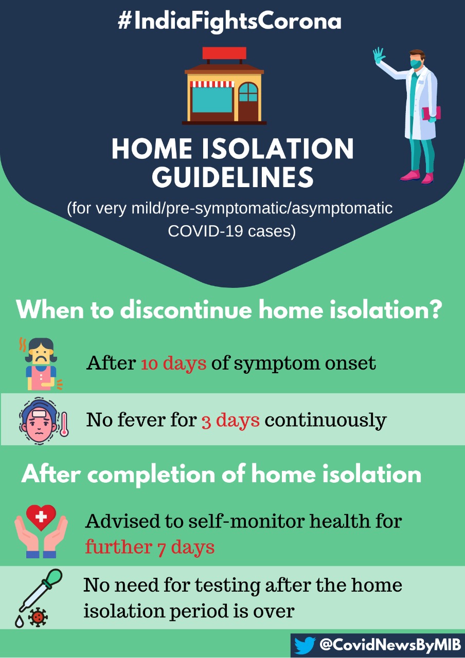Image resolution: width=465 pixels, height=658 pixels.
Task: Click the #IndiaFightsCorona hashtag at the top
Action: coord(229,22)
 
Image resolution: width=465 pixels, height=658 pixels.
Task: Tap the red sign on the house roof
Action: coord(224,53)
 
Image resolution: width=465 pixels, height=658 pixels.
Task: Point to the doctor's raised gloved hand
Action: coord(379,55)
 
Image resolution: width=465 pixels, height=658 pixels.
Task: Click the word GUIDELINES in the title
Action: coord(233,177)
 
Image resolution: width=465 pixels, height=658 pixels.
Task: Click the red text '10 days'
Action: coord(174,363)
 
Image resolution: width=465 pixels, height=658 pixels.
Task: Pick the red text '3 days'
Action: coord(230,420)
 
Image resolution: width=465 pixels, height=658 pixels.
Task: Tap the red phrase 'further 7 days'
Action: coord(150,546)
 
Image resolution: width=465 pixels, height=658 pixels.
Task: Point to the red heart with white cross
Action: coord(41,517)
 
